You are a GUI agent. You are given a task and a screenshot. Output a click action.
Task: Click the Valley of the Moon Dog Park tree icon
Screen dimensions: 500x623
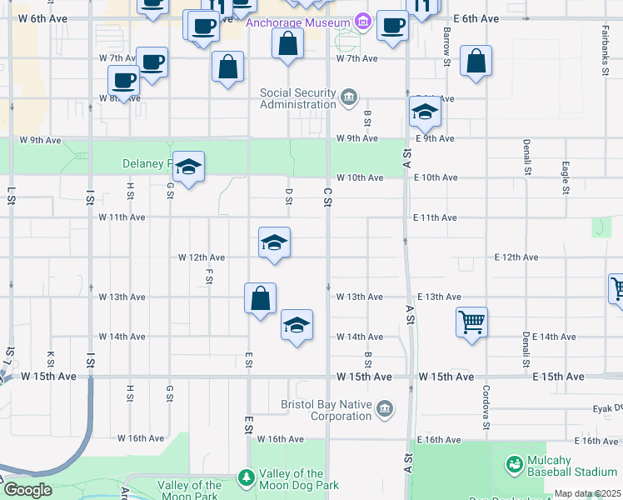click(x=246, y=477)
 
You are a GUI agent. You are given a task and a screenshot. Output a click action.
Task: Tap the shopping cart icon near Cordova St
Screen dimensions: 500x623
click(x=471, y=321)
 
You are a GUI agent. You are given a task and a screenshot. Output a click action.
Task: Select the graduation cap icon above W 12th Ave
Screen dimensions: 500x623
click(x=274, y=242)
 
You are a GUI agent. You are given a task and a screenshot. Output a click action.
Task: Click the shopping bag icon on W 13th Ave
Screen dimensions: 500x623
click(x=260, y=297)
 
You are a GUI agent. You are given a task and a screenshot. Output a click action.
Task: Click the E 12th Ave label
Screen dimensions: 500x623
click(x=516, y=257)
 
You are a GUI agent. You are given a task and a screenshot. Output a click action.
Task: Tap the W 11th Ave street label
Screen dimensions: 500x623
click(x=122, y=217)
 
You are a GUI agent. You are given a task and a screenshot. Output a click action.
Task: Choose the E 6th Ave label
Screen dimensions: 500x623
click(x=476, y=18)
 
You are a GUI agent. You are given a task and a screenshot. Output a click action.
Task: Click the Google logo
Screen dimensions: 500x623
click(x=27, y=490)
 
